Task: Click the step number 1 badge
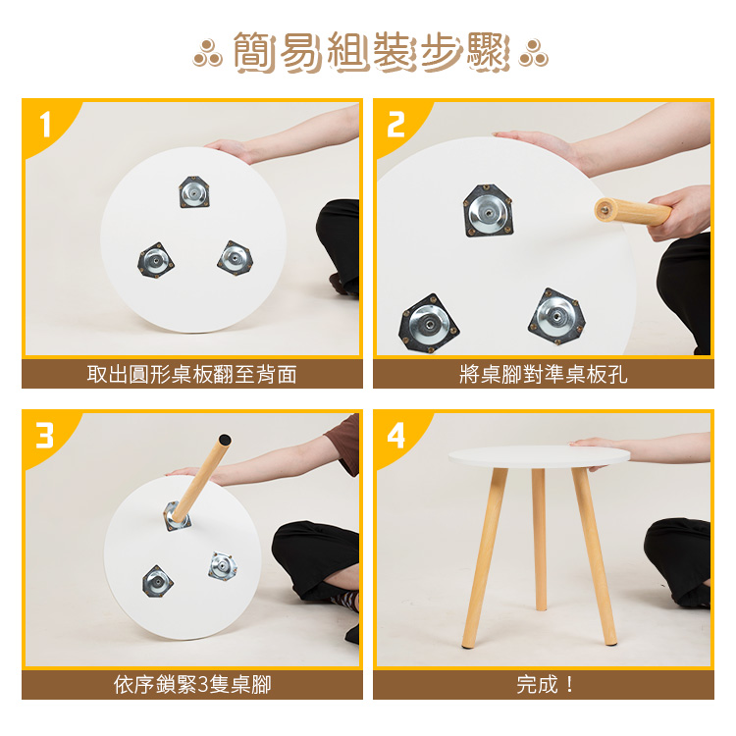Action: (x=45, y=124)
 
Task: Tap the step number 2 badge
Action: (x=395, y=125)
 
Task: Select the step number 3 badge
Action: (x=45, y=435)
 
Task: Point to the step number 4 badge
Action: (x=395, y=436)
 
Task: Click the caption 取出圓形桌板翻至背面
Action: (x=192, y=374)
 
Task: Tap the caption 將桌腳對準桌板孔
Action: (x=543, y=374)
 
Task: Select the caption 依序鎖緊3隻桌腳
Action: (x=192, y=685)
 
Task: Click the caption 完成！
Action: (x=545, y=685)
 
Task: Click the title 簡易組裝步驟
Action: (x=371, y=52)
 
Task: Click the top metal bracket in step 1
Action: (x=194, y=192)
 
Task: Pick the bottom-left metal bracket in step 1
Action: (x=155, y=260)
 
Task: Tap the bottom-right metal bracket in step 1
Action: (x=236, y=258)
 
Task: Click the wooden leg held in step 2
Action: (x=633, y=212)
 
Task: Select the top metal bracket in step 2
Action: (x=488, y=211)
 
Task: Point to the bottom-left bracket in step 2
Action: (x=429, y=323)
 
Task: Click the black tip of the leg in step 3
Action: (x=225, y=440)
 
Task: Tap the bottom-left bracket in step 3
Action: (x=157, y=582)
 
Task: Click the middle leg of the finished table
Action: (x=539, y=539)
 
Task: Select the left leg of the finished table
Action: (x=485, y=558)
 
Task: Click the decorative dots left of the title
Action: (x=207, y=53)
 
